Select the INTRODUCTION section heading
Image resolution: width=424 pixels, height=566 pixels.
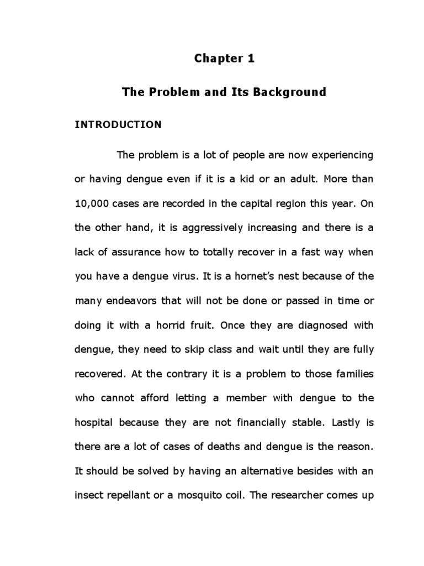[118, 125]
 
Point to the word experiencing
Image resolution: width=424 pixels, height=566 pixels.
[343, 155]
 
